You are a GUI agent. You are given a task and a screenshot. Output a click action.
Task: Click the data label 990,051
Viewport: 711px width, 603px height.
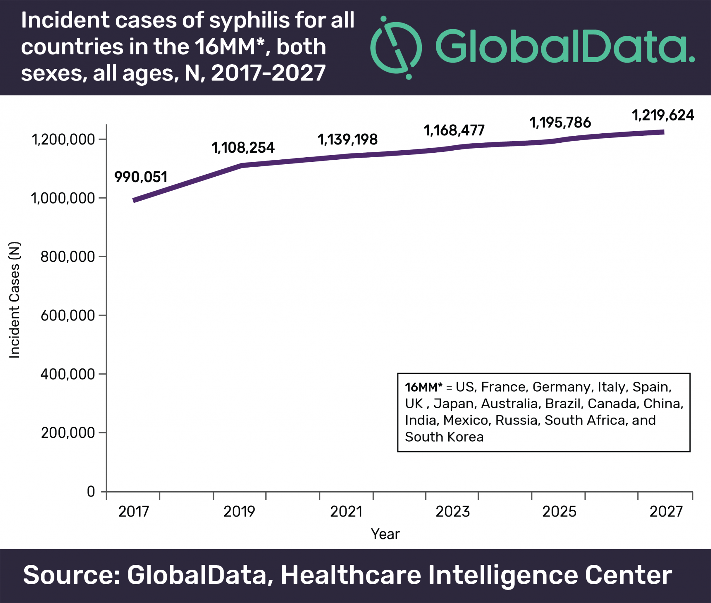click(141, 177)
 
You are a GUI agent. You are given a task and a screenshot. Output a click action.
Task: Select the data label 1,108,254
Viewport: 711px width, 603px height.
click(243, 148)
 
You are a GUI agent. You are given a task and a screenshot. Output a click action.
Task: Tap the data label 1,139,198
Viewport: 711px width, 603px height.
click(348, 140)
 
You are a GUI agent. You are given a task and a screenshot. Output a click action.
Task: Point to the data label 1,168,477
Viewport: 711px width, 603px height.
click(454, 131)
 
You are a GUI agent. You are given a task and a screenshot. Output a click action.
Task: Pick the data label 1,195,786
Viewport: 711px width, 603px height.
click(560, 123)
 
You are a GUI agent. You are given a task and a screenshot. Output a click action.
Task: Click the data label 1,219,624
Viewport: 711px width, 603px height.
click(663, 115)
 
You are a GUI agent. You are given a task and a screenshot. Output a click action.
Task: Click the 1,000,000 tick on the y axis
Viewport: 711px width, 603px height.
click(63, 198)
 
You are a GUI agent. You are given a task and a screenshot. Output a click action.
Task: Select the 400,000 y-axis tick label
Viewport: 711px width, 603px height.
click(67, 374)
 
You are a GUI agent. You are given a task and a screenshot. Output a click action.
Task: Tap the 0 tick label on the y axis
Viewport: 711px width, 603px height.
click(91, 492)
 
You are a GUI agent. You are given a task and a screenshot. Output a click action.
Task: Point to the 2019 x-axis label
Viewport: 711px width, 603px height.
click(239, 511)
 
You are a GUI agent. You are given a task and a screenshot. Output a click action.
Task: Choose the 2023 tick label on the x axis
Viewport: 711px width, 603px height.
click(453, 511)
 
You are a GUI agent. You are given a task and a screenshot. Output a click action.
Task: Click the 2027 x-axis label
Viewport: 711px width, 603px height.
click(666, 511)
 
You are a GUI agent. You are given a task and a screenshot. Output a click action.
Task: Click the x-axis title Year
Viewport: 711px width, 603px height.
click(385, 534)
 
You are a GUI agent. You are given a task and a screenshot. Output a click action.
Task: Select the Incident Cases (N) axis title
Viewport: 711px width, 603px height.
click(15, 300)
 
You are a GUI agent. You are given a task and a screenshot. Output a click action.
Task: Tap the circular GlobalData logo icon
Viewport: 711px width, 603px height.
click(396, 48)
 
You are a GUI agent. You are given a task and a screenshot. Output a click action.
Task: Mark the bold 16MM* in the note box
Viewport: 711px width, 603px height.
click(424, 387)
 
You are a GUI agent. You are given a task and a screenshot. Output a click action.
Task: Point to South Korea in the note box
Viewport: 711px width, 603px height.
click(444, 437)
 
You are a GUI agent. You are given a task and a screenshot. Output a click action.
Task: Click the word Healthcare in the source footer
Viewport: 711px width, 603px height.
click(351, 575)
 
